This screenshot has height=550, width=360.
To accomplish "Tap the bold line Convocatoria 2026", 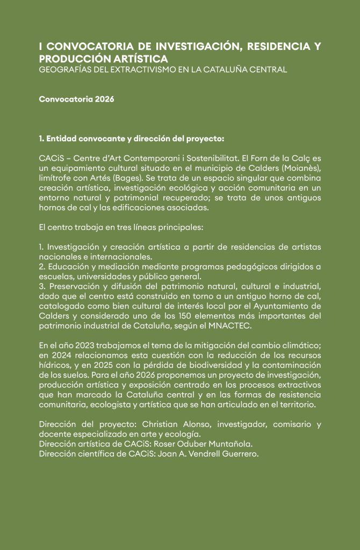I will tap(76, 100).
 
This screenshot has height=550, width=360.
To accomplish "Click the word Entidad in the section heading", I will tap(62, 139).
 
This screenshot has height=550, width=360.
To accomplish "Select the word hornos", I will tap(52, 207).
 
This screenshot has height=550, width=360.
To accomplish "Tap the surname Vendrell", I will tap(196, 453).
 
